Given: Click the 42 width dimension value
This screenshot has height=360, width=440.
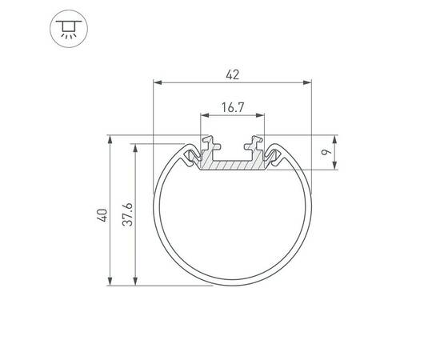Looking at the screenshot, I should pyautogui.click(x=232, y=74).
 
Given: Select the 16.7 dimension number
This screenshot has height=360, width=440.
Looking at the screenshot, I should pyautogui.click(x=232, y=106).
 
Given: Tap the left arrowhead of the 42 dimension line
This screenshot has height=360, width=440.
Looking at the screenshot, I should pyautogui.click(x=157, y=82).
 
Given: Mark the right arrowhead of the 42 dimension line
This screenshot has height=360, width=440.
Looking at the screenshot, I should pyautogui.click(x=306, y=82).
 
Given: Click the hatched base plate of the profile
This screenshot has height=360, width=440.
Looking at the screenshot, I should pyautogui.click(x=232, y=166).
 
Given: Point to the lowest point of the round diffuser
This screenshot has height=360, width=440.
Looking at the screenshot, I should pyautogui.click(x=232, y=286).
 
